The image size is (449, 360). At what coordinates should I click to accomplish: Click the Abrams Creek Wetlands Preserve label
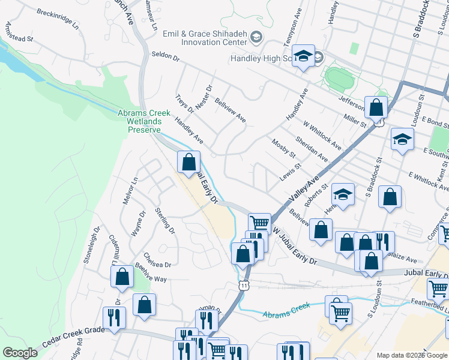click(139, 121)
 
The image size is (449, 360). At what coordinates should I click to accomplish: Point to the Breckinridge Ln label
click(58, 19)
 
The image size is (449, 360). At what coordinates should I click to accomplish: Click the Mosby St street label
click(284, 148)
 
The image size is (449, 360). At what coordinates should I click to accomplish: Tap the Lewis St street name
click(289, 175)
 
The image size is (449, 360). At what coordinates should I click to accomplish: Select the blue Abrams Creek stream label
click(286, 310)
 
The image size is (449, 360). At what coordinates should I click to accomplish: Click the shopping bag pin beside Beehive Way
click(122, 277)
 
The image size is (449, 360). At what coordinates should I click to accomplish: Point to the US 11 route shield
click(243, 286)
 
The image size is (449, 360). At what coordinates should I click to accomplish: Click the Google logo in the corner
click(20, 353)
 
